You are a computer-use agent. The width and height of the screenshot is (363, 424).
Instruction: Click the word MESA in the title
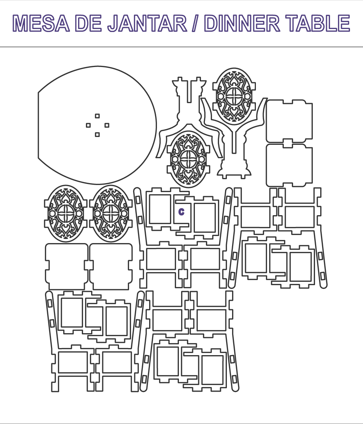[x=41, y=23]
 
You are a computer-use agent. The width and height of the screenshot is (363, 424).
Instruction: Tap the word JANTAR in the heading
[x=147, y=23]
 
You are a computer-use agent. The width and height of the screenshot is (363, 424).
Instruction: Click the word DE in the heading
[x=88, y=23]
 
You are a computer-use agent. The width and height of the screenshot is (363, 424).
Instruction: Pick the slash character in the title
[x=196, y=23]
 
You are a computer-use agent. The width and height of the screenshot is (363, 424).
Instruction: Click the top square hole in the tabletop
[x=97, y=116]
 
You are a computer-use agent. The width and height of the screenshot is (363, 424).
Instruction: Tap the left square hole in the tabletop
[x=88, y=125]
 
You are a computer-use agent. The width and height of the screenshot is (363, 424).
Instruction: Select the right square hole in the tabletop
[x=107, y=125]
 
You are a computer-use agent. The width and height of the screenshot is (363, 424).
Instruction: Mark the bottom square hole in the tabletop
[x=97, y=134]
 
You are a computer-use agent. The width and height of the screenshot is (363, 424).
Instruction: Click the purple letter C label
[x=181, y=212]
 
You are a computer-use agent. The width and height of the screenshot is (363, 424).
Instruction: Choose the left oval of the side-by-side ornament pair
[x=65, y=214]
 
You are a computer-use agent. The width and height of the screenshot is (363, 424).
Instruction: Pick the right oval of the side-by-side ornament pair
[x=111, y=214]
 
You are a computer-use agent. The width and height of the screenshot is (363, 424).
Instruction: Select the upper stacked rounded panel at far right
[x=289, y=121]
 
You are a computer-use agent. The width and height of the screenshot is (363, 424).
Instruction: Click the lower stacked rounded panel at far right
[x=289, y=165]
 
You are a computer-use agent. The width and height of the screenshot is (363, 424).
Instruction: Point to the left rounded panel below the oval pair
[x=67, y=267]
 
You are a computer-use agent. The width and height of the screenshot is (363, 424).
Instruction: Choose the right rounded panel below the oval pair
[x=111, y=267]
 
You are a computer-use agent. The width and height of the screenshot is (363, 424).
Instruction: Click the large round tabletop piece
[x=97, y=125]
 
